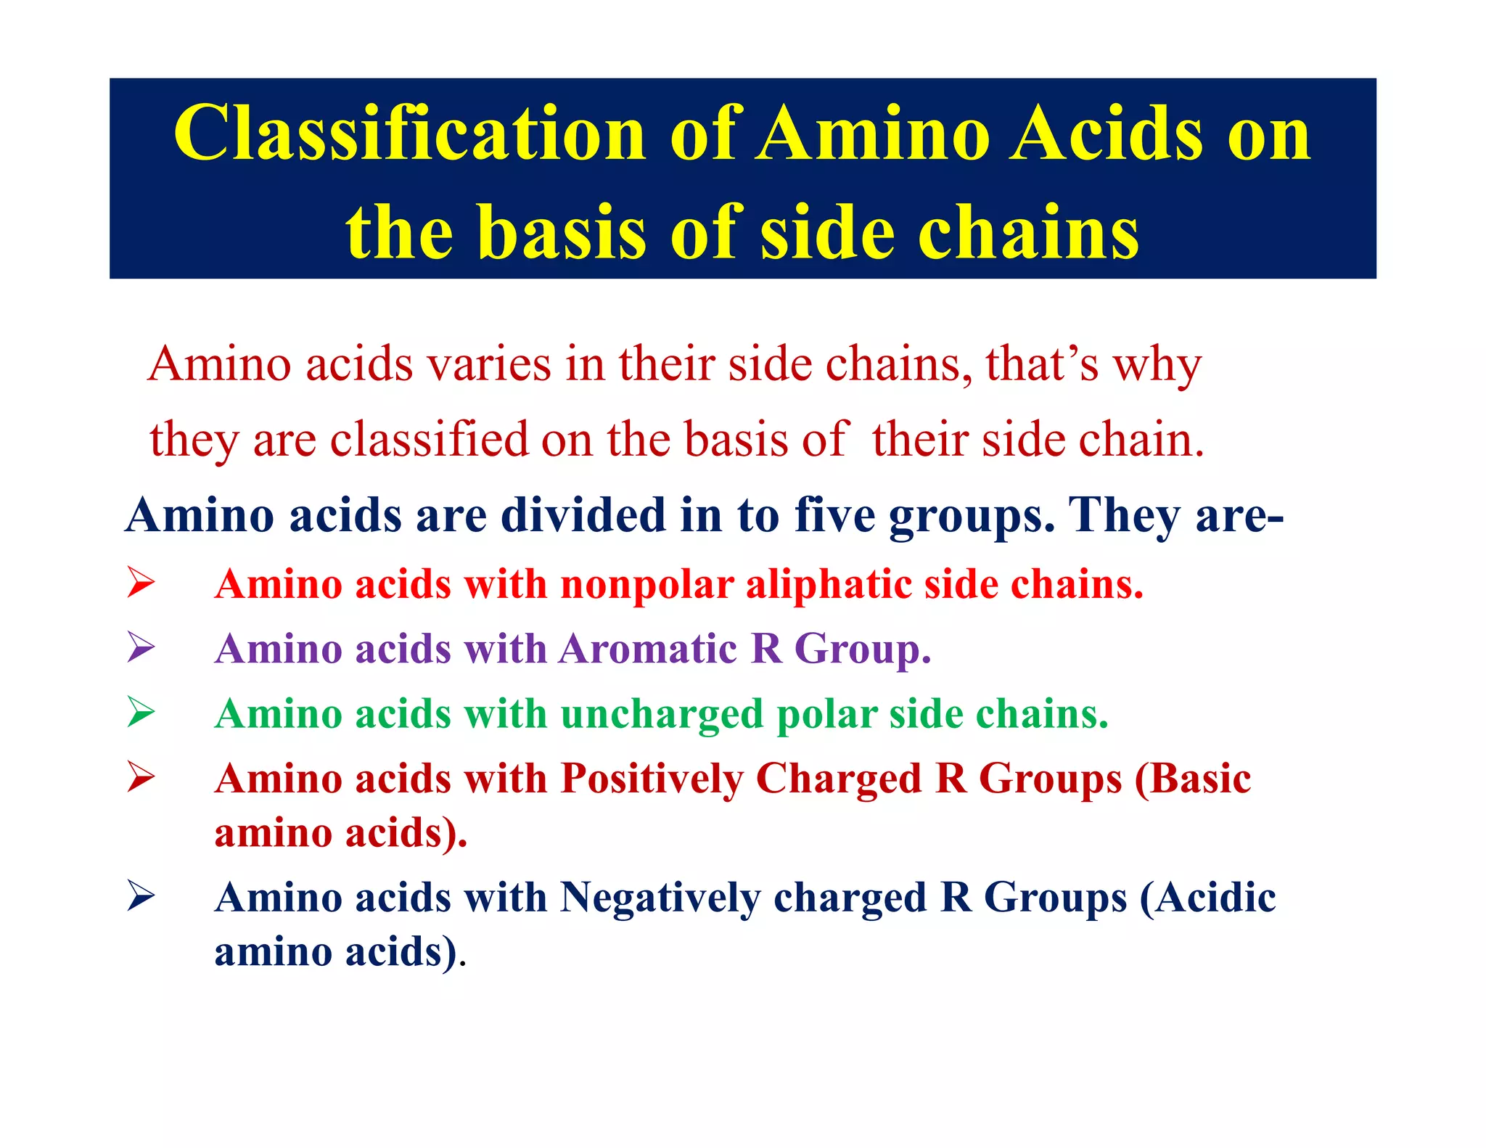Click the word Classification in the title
point(410,134)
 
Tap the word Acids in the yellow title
point(1107,134)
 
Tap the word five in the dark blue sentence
point(834,515)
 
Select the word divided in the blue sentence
point(583,515)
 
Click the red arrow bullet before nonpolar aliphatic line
point(140,583)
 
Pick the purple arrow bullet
point(140,647)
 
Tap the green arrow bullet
point(140,712)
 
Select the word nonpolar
point(647,585)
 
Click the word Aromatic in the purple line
point(648,648)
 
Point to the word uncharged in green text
point(662,715)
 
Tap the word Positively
point(652,779)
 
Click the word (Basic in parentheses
point(1193,779)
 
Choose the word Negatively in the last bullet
point(660,898)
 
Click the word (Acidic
point(1207,898)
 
